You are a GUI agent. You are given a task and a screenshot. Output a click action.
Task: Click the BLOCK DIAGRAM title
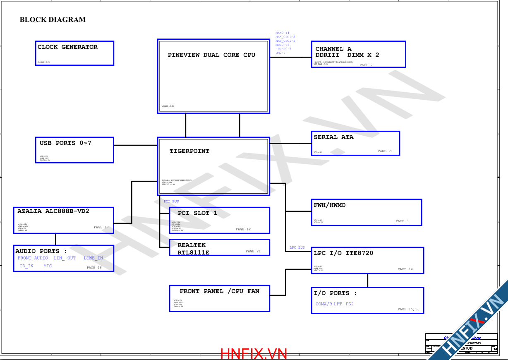click(53, 19)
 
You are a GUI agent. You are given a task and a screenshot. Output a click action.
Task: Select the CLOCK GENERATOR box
click(75, 53)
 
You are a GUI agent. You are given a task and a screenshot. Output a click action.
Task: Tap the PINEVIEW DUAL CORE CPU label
click(211, 55)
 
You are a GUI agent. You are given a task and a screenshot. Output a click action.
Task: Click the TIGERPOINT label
click(189, 151)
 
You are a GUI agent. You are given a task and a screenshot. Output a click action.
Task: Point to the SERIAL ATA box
click(355, 144)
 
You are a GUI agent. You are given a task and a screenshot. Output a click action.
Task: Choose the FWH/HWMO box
click(366, 212)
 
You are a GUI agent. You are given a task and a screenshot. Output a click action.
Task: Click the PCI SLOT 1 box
click(219, 221)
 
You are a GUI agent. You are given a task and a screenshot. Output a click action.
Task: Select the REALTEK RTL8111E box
click(219, 247)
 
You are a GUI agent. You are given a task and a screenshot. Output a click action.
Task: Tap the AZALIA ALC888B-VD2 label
click(53, 211)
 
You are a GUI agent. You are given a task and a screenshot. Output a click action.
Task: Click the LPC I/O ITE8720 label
click(343, 253)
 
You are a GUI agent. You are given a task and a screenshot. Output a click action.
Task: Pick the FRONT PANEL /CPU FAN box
click(219, 298)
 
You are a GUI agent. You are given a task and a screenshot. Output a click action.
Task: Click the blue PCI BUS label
click(171, 202)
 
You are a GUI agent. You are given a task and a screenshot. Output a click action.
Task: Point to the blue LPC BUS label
click(297, 247)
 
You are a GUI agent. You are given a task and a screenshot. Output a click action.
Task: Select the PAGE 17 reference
click(101, 227)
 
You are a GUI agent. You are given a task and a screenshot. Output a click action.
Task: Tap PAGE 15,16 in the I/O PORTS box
click(408, 309)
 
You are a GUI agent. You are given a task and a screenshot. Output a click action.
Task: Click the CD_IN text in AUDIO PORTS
click(26, 266)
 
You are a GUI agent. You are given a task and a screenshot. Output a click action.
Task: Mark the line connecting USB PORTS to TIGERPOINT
click(136, 145)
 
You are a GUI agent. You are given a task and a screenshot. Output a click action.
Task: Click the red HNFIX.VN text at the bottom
click(254, 354)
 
